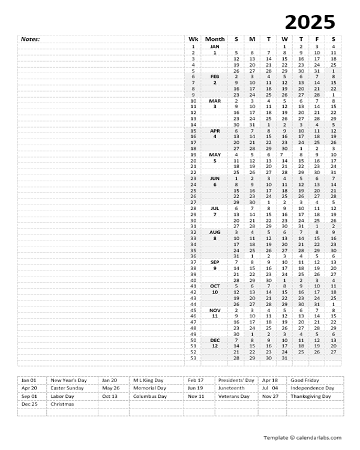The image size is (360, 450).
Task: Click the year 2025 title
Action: tap(310, 22)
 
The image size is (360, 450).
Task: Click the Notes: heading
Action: tap(30, 39)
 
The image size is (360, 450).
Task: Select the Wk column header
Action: tap(193, 39)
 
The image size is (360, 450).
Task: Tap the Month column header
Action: tap(215, 39)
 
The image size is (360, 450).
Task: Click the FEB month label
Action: tap(215, 76)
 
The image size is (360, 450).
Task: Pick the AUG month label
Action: tap(215, 232)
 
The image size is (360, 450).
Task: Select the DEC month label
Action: tap(215, 340)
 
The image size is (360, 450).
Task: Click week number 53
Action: tap(193, 358)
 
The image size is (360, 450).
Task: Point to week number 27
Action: tap(193, 202)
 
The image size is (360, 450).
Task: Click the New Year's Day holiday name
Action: tap(68, 380)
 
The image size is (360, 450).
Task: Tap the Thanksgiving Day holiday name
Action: tap(311, 397)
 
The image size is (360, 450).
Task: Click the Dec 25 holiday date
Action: tap(29, 404)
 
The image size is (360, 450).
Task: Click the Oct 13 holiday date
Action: tap(110, 397)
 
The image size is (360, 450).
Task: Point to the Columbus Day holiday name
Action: tap(150, 397)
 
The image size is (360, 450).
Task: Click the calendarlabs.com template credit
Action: tap(302, 437)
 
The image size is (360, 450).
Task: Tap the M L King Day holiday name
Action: tap(148, 380)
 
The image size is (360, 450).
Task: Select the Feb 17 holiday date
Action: tap(196, 380)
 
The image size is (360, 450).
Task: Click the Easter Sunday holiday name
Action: tap(67, 388)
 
